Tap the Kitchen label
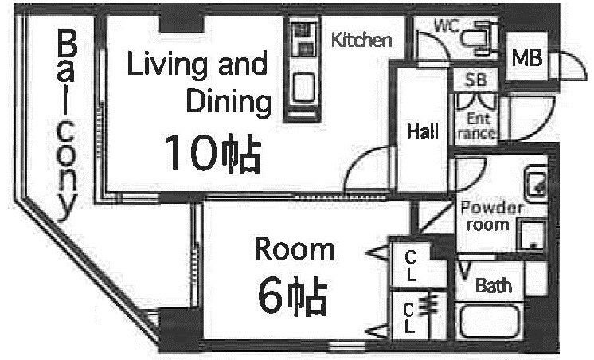361,40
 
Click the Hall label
422,132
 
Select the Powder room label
491,216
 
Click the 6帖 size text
292,295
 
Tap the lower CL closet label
408,317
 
